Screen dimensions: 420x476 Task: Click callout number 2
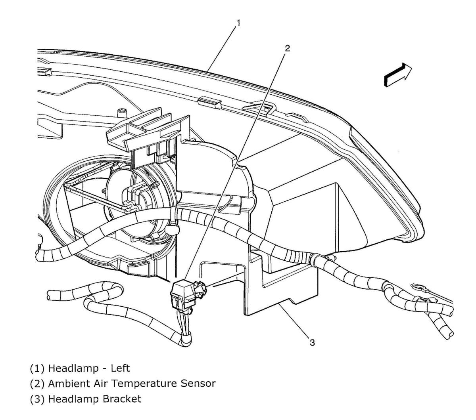[287, 48]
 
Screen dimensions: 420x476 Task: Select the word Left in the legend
[120, 368]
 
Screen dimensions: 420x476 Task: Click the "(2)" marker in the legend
[38, 384]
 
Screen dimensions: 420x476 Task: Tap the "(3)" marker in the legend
[38, 399]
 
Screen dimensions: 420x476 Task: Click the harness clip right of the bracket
[320, 259]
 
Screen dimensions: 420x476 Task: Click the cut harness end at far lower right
[449, 333]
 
